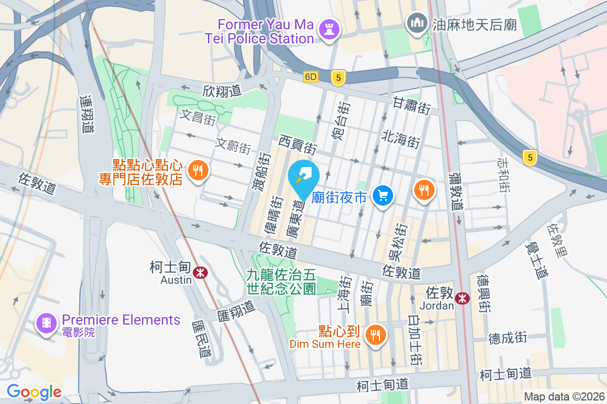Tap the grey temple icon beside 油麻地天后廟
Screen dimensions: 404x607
(416, 23)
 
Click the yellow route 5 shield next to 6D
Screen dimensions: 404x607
(338, 77)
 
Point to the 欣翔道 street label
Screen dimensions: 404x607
(222, 91)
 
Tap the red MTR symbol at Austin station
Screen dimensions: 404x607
(201, 273)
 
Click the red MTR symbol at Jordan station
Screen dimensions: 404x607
(461, 298)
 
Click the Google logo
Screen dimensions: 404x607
(34, 391)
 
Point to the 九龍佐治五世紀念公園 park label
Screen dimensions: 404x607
(281, 282)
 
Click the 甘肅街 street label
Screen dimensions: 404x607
(411, 107)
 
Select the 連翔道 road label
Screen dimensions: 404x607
(87, 115)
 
